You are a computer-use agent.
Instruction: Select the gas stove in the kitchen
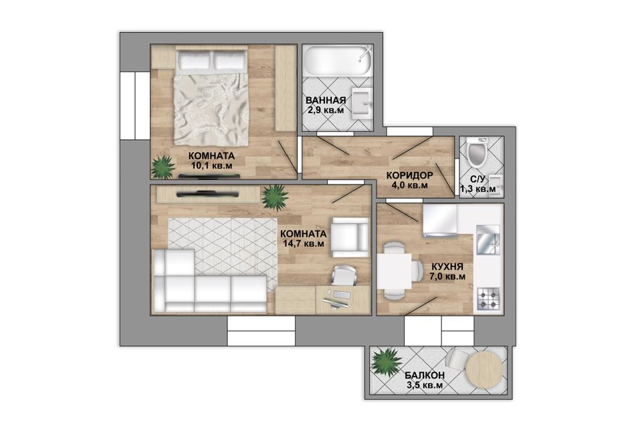click(x=488, y=298)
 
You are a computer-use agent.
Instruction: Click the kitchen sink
click(x=488, y=239)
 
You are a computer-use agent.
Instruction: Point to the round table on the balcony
click(x=485, y=370)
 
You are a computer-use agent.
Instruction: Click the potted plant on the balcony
click(x=385, y=361)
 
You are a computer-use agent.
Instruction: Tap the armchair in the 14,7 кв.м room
click(x=350, y=237)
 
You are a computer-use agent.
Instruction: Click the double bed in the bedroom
click(x=212, y=96)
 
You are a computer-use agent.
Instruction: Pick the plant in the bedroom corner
click(x=163, y=167)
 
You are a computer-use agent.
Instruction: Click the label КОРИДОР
click(x=409, y=176)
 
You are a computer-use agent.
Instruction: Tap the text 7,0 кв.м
click(x=447, y=276)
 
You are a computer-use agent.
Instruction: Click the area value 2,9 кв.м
click(x=326, y=110)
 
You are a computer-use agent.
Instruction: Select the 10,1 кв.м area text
click(x=211, y=166)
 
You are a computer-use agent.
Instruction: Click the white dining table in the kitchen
click(x=395, y=271)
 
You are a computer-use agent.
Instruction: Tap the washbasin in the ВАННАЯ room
click(x=362, y=102)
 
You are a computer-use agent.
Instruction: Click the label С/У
click(x=477, y=179)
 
